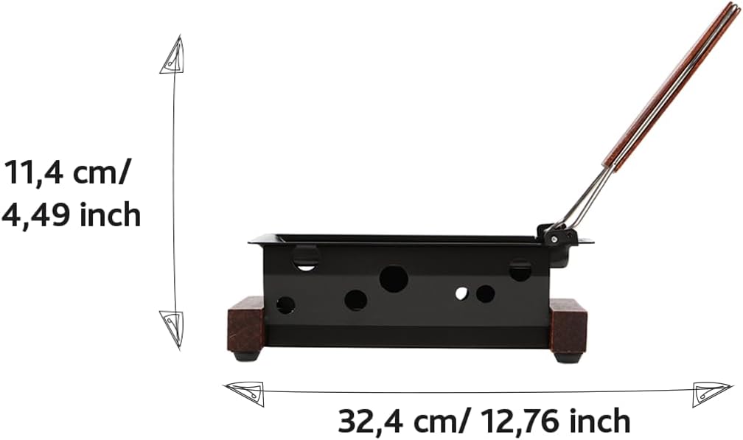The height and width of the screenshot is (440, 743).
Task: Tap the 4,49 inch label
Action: [71, 214]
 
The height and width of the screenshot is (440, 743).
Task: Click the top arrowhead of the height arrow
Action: [172, 55]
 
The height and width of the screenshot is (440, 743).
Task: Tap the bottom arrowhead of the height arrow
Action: [172, 327]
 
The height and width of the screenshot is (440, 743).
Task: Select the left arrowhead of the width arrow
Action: [245, 394]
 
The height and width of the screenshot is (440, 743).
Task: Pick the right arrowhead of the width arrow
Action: [711, 394]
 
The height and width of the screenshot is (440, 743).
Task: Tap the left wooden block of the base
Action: [245, 328]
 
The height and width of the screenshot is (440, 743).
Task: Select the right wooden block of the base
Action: [568, 325]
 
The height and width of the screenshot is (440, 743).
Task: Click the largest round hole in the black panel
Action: [394, 279]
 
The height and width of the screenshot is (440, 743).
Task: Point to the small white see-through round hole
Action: [461, 293]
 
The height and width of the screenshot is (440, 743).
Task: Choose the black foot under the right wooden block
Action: [568, 357]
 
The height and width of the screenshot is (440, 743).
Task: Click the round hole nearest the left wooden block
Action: [285, 304]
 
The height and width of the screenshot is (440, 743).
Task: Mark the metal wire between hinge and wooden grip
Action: [587, 198]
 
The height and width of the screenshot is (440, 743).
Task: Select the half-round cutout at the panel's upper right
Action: [520, 270]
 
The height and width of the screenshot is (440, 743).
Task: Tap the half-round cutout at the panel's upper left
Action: [306, 258]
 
